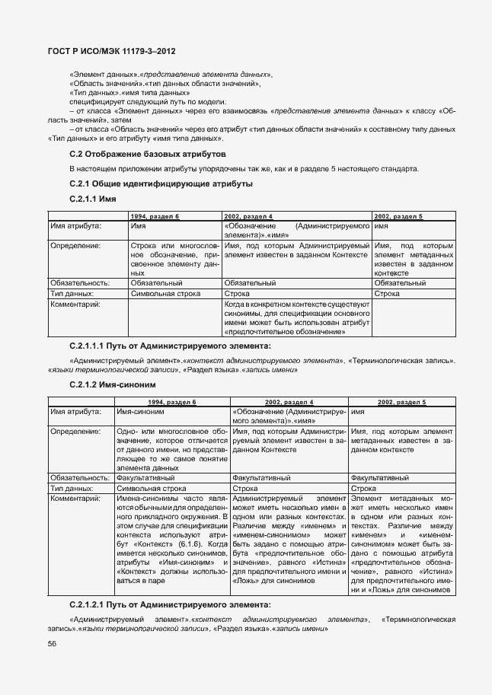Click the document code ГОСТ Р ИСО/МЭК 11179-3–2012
(112, 51)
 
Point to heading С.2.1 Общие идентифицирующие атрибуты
(161, 184)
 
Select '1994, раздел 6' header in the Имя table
(155, 217)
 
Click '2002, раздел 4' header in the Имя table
(249, 217)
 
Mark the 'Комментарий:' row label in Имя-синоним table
(75, 499)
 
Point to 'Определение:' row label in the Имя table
(75, 246)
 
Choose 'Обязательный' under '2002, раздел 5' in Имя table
(401, 282)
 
